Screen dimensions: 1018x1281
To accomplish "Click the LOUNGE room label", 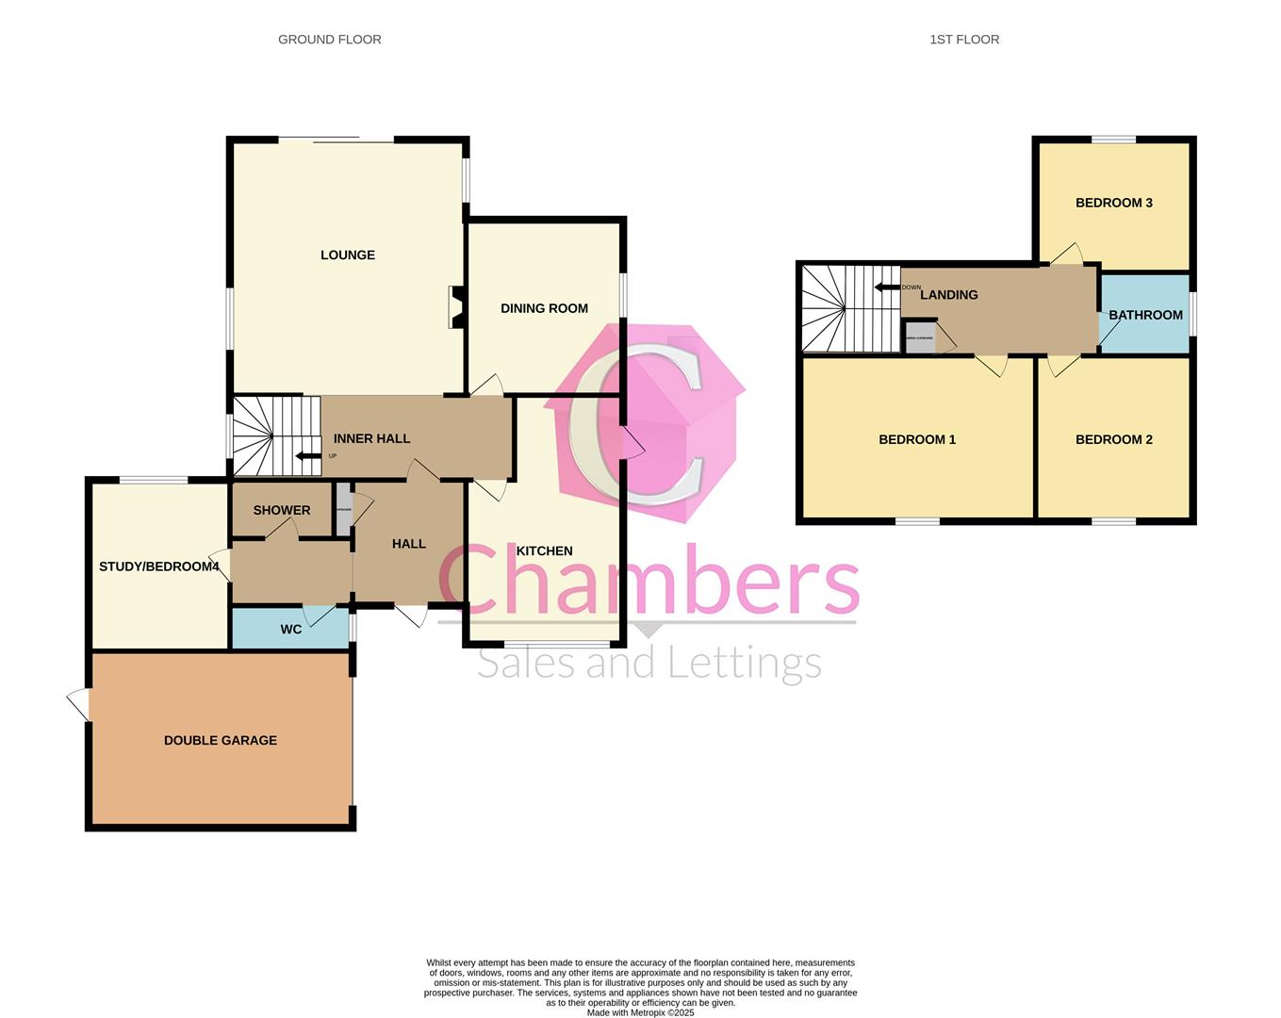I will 348,255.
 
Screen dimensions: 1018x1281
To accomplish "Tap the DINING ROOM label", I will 544,308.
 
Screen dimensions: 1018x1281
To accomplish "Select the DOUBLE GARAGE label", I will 221,741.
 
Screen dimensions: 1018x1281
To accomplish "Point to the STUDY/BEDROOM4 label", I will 159,566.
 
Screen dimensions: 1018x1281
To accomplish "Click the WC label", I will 291,630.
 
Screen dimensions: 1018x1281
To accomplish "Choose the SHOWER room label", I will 282,511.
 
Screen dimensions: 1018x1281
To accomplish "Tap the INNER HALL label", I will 371,438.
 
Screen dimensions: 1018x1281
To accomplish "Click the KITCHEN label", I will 545,551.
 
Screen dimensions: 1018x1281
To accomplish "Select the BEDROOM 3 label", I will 1114,203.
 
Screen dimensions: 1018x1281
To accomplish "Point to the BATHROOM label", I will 1145,315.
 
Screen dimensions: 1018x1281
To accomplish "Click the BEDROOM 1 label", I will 917,439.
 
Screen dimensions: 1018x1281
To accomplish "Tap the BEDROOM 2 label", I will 1114,439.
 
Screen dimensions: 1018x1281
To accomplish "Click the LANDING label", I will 949,295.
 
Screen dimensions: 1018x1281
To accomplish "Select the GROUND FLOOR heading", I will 330,40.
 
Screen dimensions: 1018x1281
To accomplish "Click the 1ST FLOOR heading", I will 964,40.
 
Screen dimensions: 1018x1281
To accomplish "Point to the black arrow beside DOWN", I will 886,287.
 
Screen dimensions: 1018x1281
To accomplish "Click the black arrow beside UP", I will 308,457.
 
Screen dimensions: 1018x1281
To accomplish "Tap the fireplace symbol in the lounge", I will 455,307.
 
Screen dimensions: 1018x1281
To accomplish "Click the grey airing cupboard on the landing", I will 919,338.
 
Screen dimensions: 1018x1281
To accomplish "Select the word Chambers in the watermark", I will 649,580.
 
